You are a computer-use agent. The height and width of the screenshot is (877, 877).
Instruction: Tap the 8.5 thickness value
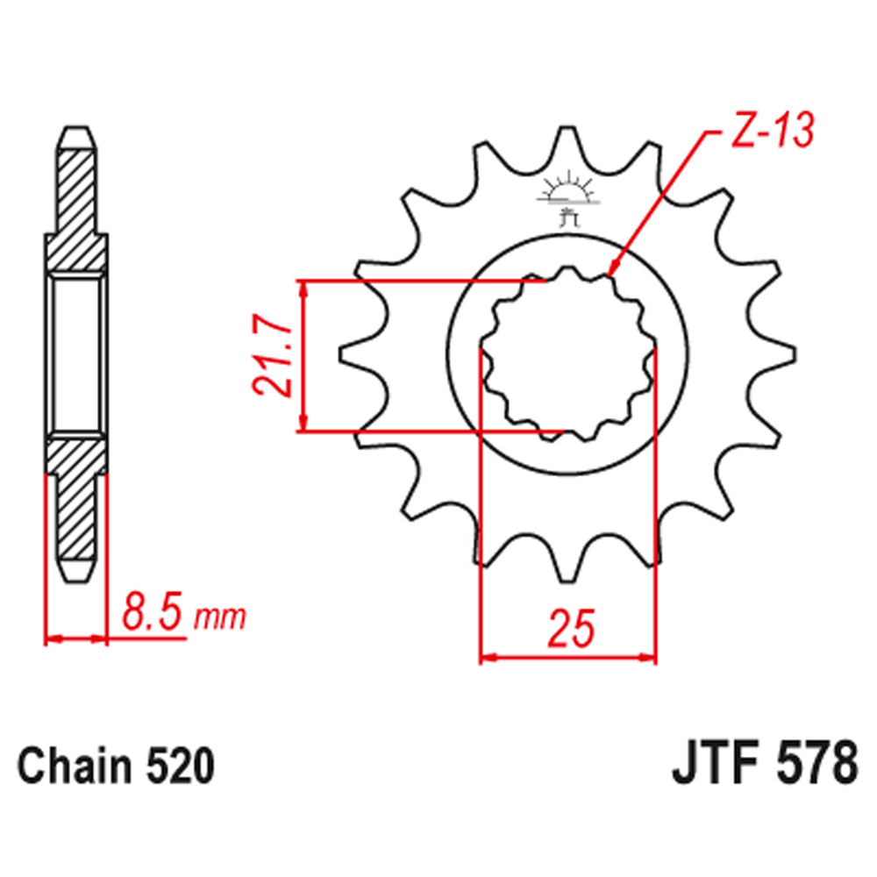coord(153,611)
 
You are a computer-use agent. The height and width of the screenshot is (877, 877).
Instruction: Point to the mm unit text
coord(219,617)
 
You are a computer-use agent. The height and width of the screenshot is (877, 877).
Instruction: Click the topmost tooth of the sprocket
coord(567,140)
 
